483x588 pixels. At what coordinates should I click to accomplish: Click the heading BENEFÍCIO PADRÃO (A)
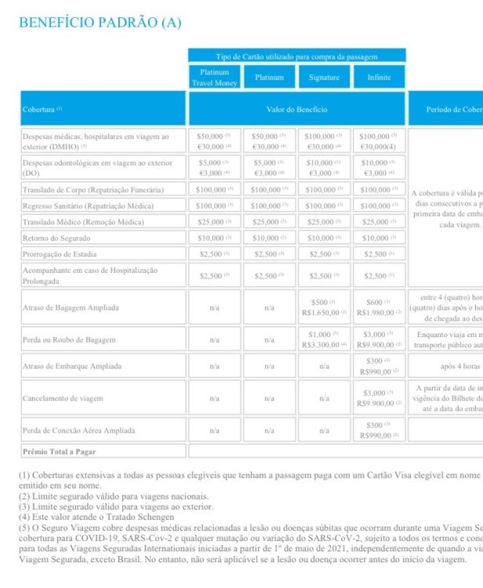(100, 23)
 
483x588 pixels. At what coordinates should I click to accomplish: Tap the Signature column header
(324, 78)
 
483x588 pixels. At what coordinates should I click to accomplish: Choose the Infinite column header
(379, 78)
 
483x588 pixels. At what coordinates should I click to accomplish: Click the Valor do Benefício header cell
(296, 109)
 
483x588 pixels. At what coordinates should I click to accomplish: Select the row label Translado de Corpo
(93, 190)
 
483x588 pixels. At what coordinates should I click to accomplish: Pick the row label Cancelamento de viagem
(63, 398)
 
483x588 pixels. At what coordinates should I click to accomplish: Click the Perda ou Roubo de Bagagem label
(69, 339)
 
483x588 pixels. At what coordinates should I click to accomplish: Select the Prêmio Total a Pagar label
(60, 452)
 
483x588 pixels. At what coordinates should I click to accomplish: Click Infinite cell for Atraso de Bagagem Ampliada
(379, 307)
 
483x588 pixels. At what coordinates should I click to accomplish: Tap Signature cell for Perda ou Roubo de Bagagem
(324, 339)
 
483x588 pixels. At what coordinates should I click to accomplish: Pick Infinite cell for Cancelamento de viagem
(379, 398)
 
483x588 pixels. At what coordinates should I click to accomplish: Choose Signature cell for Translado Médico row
(324, 222)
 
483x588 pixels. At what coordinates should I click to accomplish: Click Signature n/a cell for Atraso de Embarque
(324, 366)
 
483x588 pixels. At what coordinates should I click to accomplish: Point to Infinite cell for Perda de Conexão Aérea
(379, 430)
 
